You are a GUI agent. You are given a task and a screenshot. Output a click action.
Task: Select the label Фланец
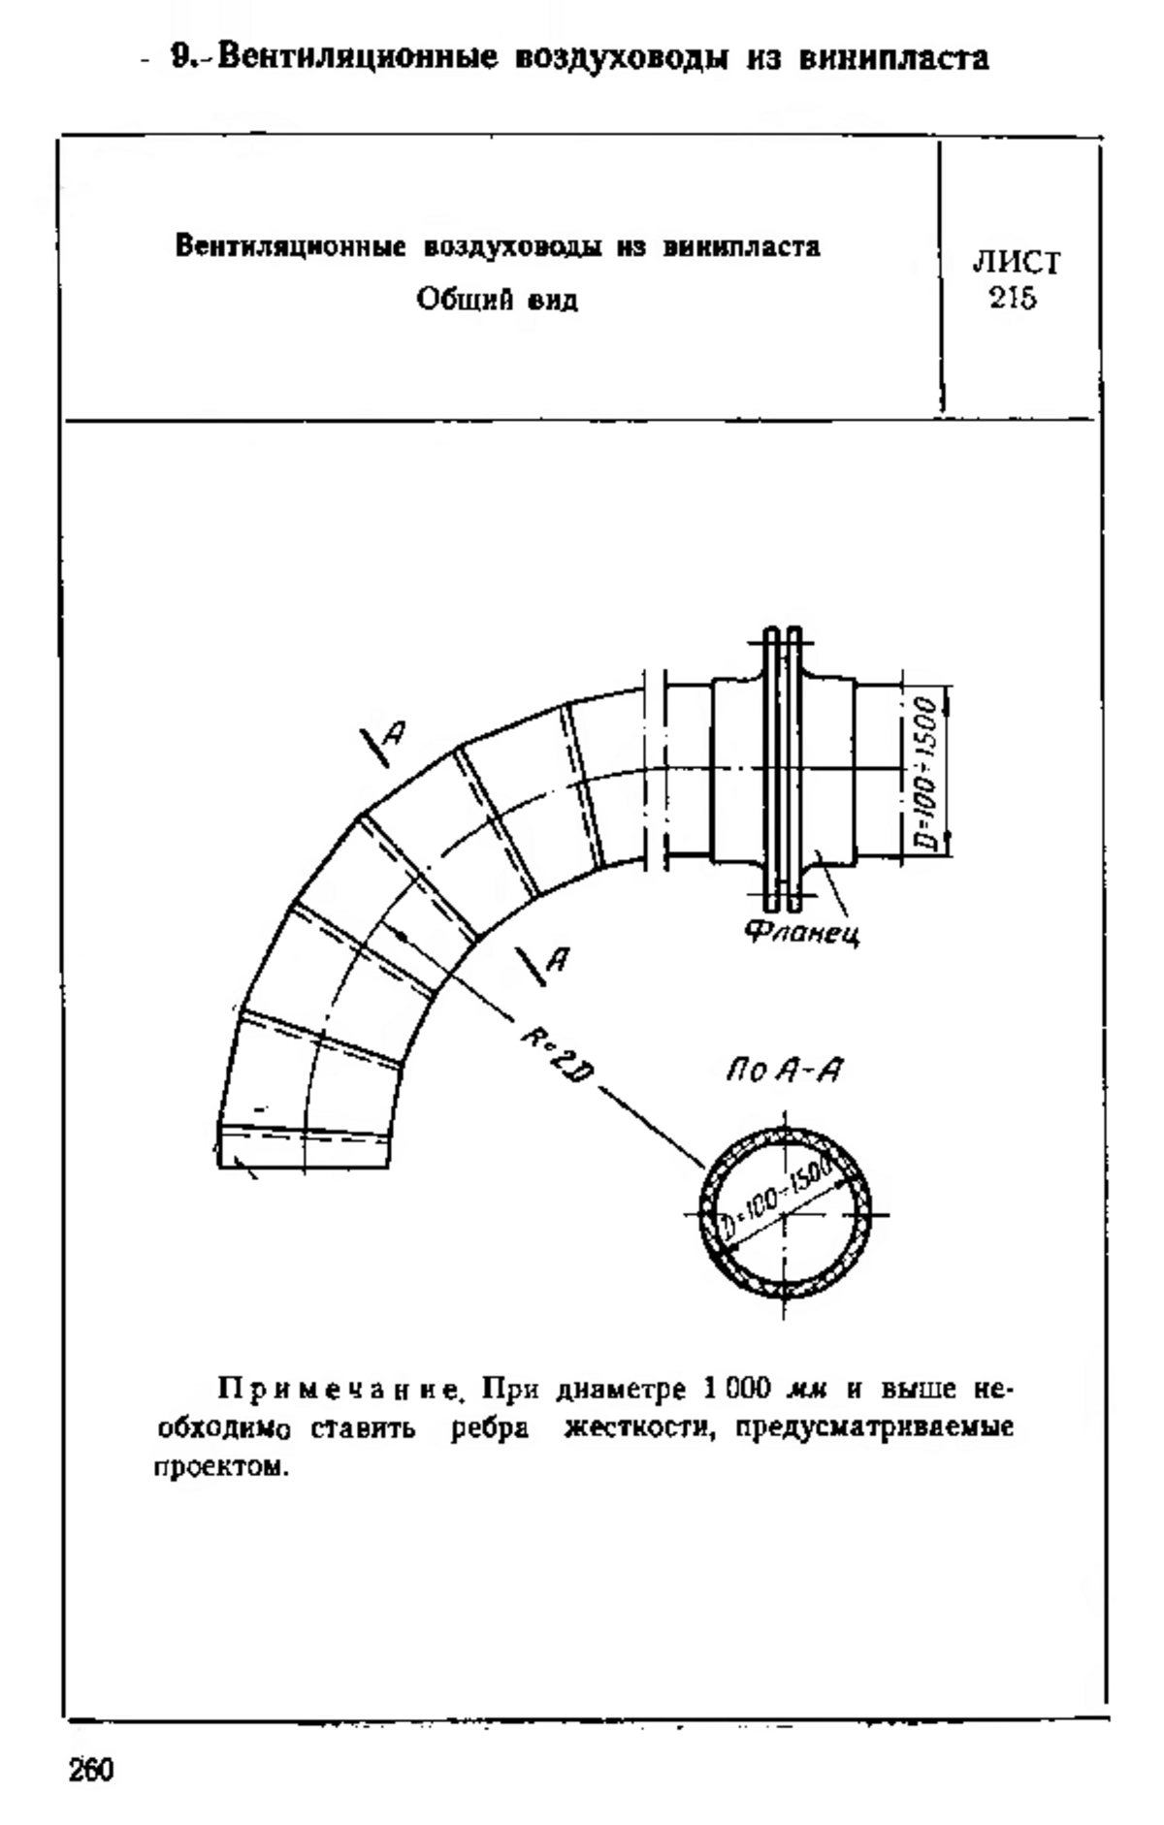pyautogui.click(x=801, y=934)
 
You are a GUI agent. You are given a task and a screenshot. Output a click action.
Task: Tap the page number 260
pyautogui.click(x=91, y=1770)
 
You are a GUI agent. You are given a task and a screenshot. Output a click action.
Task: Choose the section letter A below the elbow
pyautogui.click(x=558, y=958)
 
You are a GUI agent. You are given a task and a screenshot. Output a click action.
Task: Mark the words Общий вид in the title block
pyautogui.click(x=498, y=301)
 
